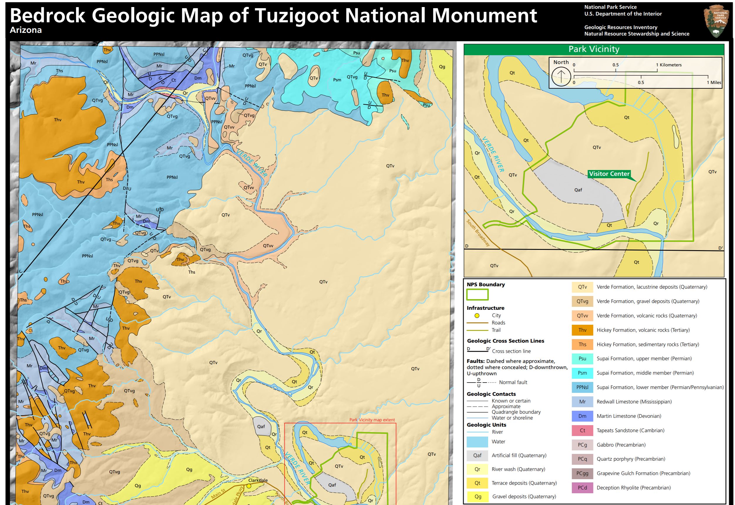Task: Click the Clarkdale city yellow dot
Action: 249,486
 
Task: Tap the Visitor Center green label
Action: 609,174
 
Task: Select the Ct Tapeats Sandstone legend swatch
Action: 582,430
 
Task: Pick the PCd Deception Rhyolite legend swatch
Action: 582,488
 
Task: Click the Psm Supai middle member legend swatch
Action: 582,373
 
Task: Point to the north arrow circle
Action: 561,77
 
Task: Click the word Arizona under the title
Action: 26,30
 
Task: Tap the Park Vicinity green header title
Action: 594,49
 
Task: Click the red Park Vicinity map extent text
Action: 372,420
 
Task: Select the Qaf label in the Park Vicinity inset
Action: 578,190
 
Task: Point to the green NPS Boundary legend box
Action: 477,294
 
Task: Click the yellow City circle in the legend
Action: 477,315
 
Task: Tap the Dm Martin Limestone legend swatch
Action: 582,416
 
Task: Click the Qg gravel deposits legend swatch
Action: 478,496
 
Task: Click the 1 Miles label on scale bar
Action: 714,83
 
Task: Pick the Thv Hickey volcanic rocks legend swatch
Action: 582,330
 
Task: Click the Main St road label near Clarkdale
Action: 218,494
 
